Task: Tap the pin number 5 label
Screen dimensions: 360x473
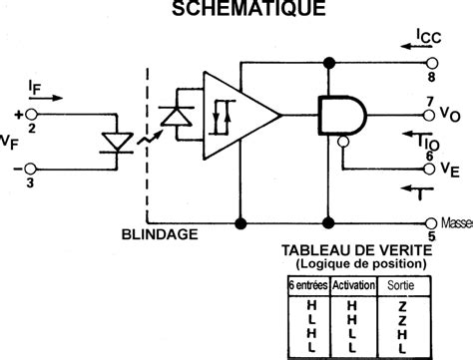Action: pyautogui.click(x=432, y=236)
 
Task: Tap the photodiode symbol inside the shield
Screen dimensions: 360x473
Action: pyautogui.click(x=179, y=116)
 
